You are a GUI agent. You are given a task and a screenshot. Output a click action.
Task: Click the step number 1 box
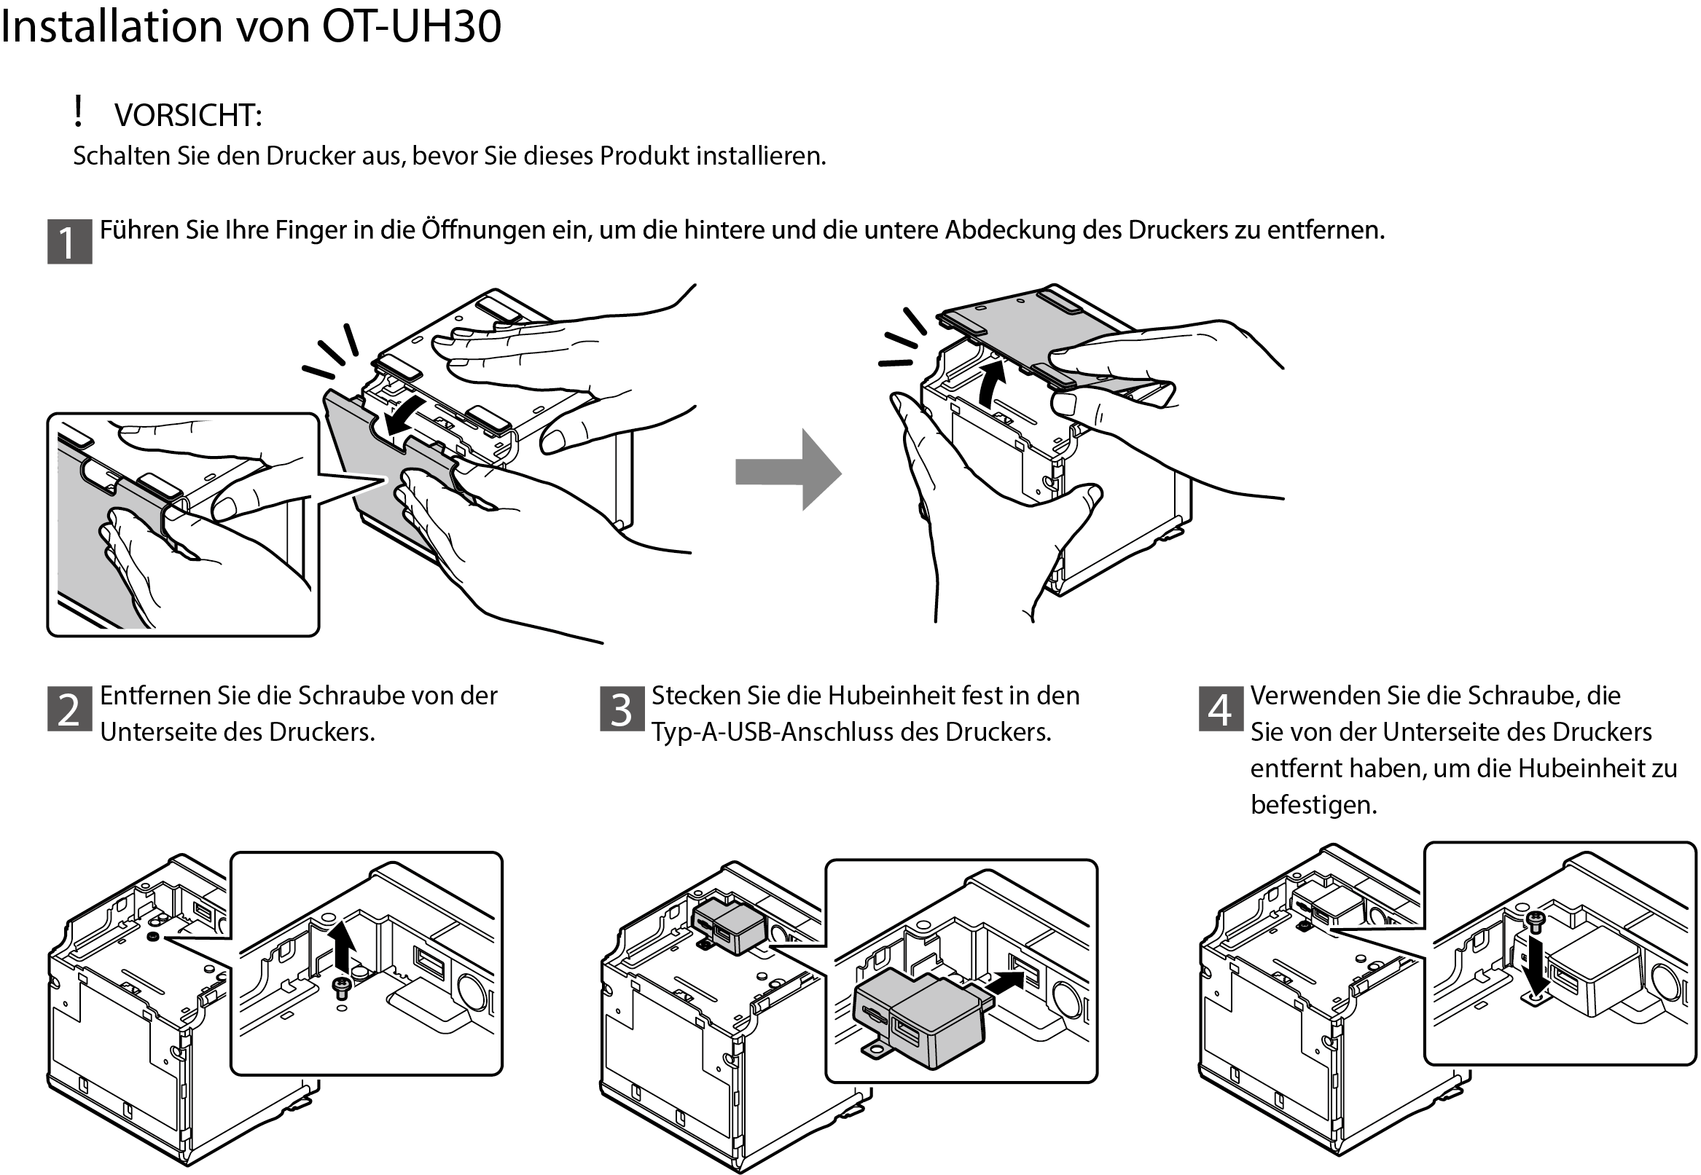(x=69, y=241)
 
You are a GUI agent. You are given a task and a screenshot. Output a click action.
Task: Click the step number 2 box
(x=69, y=709)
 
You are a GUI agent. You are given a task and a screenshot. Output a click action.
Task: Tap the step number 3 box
(x=622, y=709)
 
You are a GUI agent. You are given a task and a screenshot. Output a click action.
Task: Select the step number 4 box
(x=1221, y=709)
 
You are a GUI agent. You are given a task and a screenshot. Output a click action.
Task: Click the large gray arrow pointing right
(x=788, y=471)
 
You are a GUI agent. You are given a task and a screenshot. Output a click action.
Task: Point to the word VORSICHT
(x=189, y=116)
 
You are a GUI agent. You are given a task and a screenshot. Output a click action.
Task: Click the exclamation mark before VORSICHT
(x=78, y=111)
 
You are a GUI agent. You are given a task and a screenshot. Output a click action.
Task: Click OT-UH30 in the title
(x=412, y=26)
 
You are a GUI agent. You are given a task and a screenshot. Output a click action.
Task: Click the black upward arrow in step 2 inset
(x=341, y=948)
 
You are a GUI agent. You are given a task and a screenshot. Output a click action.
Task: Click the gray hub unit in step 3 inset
(x=920, y=1016)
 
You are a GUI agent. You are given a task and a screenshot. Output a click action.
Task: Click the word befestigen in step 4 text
(x=1313, y=805)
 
